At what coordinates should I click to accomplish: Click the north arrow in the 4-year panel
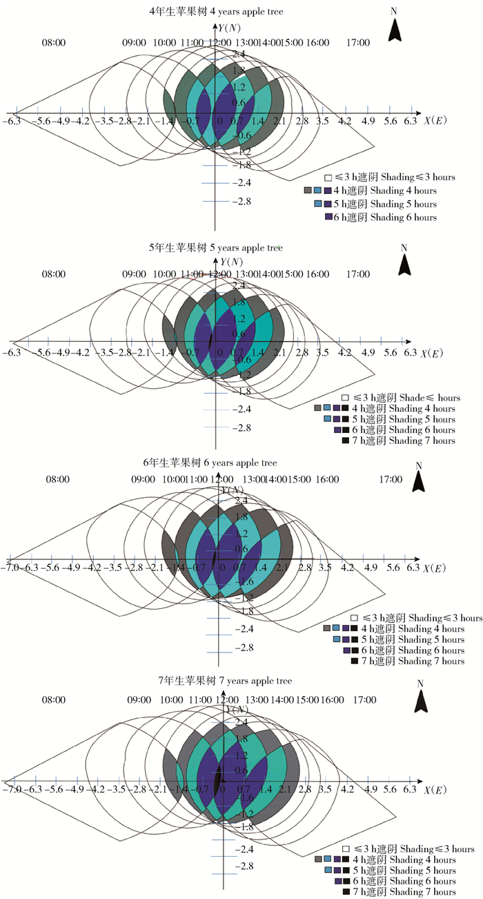pos(395,30)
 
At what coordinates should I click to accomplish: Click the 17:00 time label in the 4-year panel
pos(358,43)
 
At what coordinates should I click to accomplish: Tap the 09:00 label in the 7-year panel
pos(139,699)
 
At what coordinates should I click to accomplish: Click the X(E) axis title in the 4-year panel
pos(435,121)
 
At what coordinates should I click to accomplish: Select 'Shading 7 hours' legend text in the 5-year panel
pos(422,441)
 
